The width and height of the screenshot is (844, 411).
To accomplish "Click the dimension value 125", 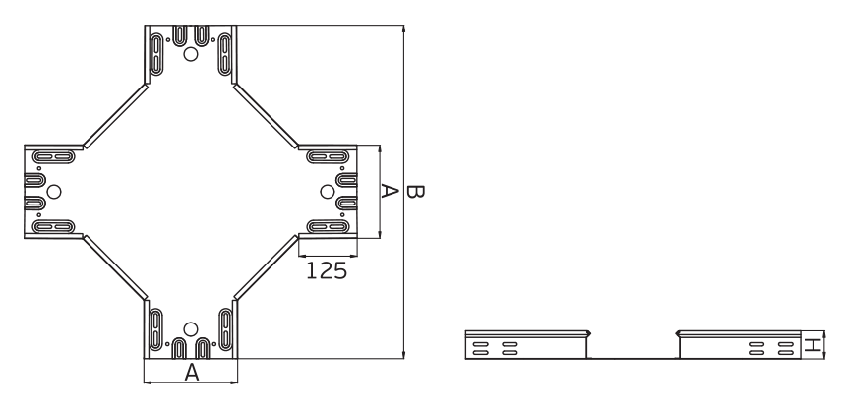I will click(326, 270).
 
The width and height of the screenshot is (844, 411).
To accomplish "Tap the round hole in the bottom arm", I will click(192, 328).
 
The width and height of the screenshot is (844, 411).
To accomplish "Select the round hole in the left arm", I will click(55, 191).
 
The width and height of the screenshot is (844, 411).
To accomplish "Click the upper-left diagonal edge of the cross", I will click(113, 116).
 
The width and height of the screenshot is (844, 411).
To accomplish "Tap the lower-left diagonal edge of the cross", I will click(114, 266).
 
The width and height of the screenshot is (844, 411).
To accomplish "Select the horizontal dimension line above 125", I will click(327, 256).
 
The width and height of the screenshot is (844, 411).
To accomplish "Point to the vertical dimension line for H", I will click(824, 345).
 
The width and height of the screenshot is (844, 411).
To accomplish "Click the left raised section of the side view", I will click(525, 346).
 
